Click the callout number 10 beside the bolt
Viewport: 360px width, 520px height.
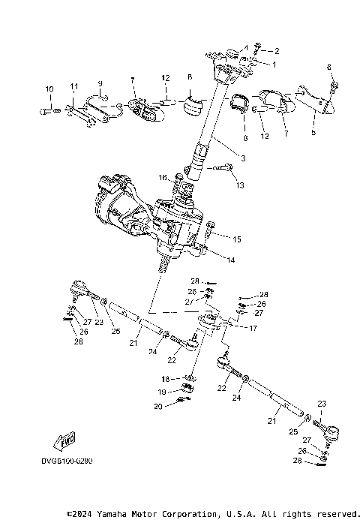tap(49, 89)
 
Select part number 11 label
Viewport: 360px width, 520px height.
tap(73, 88)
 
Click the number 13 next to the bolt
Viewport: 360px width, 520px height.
tap(240, 185)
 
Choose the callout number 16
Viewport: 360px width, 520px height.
tap(162, 177)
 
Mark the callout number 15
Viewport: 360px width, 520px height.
tap(236, 239)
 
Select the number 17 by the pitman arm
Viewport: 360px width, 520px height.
tap(253, 328)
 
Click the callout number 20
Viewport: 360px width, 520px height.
tap(159, 406)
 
